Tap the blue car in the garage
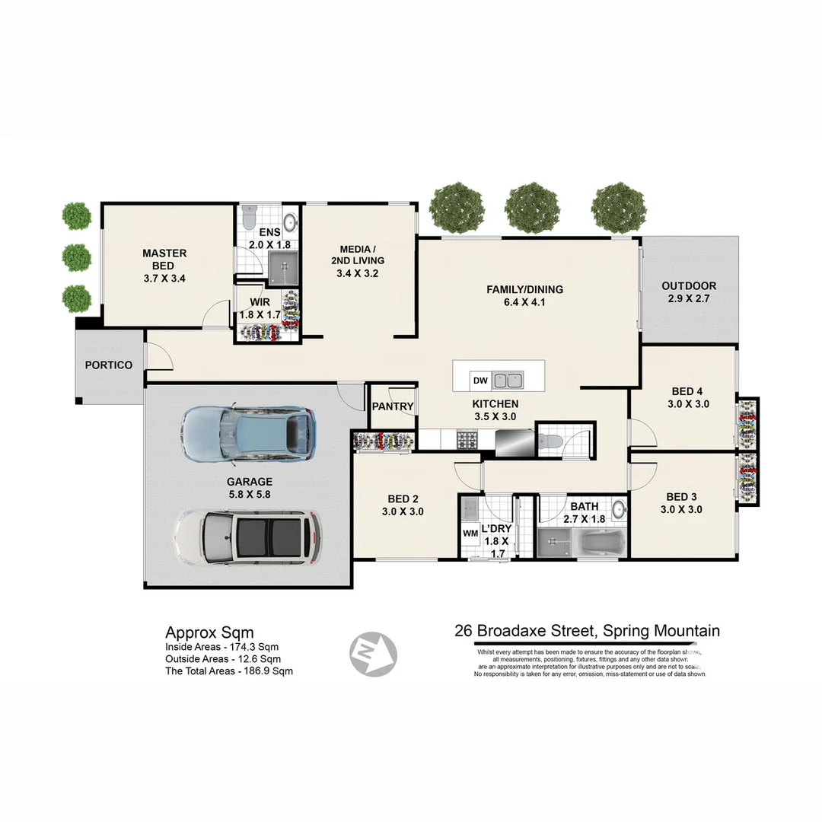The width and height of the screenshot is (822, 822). click(x=249, y=433)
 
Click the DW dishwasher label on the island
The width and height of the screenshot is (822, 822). click(x=479, y=381)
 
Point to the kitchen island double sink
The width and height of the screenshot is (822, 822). click(x=507, y=380)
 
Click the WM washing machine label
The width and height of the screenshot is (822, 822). click(x=470, y=534)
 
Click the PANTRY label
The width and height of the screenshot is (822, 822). click(x=393, y=406)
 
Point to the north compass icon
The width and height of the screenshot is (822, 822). click(x=373, y=653)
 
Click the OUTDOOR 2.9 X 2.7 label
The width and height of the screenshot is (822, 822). click(x=688, y=292)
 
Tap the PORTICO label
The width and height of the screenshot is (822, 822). click(x=108, y=365)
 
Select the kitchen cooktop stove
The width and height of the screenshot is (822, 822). click(x=466, y=439)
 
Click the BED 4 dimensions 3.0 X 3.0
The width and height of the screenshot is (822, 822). click(x=688, y=404)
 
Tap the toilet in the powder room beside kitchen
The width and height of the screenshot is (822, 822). click(x=553, y=440)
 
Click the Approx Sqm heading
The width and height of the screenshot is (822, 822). click(x=209, y=632)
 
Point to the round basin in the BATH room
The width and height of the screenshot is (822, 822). click(x=619, y=509)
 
